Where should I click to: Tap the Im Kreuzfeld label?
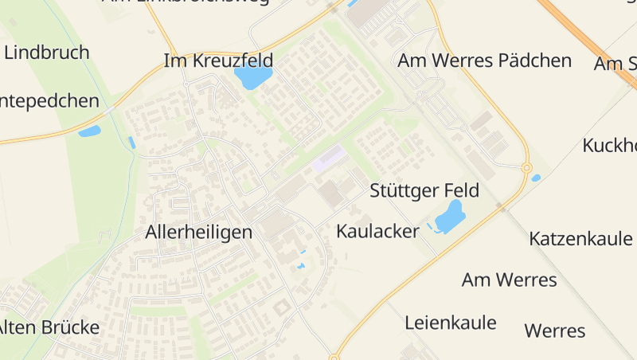218,61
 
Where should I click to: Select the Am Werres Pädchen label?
484,61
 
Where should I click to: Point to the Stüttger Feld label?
424,191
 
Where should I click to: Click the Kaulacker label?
377,232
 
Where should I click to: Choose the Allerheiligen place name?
198,233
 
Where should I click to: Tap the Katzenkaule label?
580,238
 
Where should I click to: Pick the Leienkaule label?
450,323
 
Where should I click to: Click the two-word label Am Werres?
509,280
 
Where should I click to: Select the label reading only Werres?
555,331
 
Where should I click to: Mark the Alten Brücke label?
49,327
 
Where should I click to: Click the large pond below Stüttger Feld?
450,216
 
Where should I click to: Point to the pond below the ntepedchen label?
89,131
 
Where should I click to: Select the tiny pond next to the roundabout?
536,178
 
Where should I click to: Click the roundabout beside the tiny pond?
526,168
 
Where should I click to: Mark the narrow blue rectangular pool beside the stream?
131,143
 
